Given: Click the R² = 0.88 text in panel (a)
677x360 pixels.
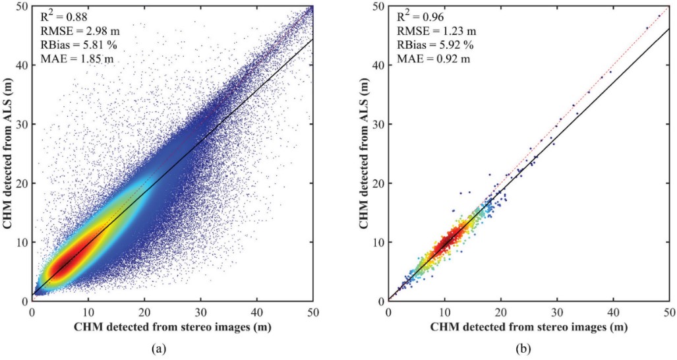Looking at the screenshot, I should point(58,15).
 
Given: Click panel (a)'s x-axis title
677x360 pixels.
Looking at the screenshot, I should point(173,326).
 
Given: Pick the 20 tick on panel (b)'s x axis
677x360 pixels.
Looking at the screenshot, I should point(502,311).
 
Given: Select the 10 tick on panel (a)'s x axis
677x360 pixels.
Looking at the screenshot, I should point(88,311).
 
